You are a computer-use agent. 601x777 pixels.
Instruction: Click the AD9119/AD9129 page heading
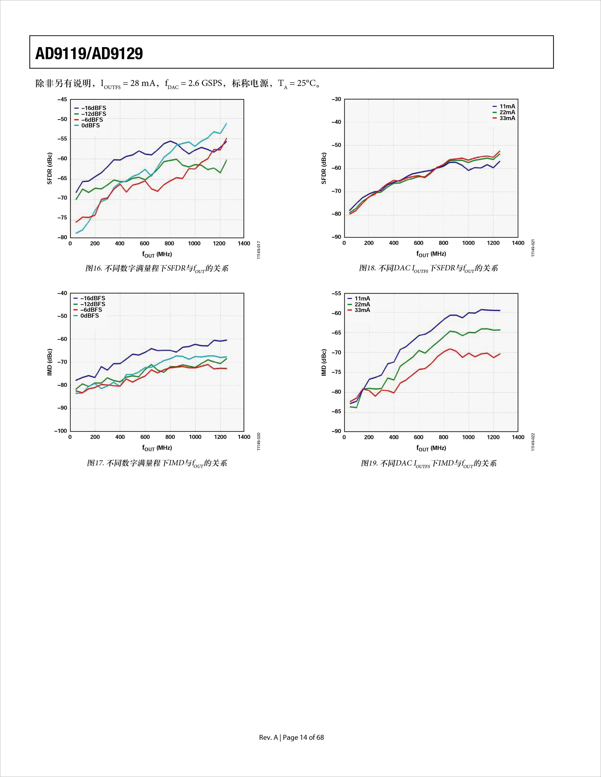(89, 53)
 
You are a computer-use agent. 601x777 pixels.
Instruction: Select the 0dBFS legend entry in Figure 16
(87, 125)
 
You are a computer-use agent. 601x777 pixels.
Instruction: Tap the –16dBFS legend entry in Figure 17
(89, 298)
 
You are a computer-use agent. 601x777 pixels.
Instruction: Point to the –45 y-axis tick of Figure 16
(62, 100)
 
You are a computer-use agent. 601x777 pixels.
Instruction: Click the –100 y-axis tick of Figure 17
(61, 431)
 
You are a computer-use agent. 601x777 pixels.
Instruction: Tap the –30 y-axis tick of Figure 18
(336, 99)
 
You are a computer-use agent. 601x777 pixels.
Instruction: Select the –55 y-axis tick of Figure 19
(336, 294)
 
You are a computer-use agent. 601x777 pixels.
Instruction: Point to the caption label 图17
(95, 463)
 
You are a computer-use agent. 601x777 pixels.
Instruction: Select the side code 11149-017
(259, 250)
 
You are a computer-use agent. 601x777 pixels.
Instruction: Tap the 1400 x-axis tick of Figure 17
(244, 437)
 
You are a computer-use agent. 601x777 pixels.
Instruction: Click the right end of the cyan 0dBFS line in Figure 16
(226, 123)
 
